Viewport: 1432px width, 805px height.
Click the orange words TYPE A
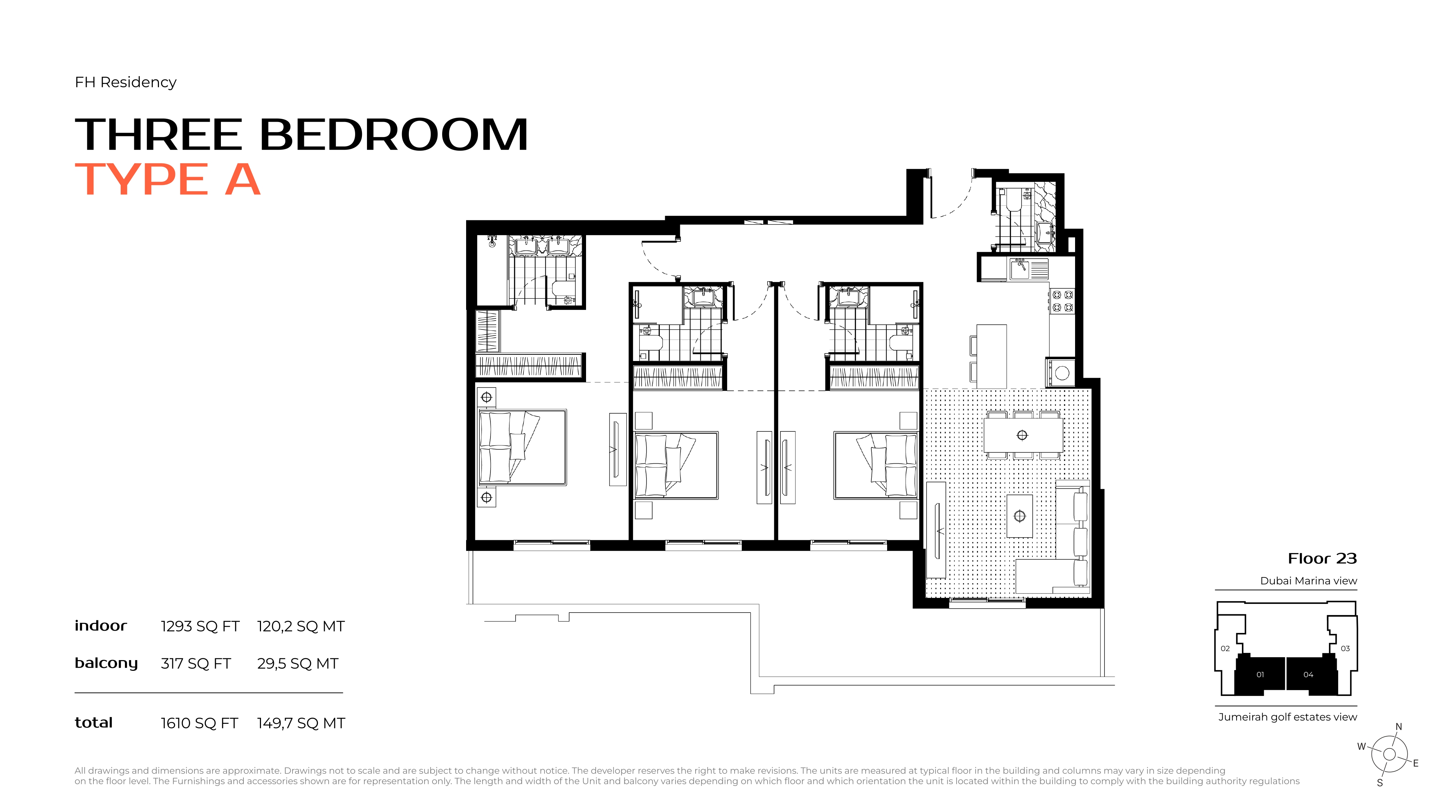[x=167, y=180]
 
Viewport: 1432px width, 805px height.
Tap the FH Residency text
[x=126, y=82]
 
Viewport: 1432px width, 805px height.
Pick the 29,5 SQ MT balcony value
[x=297, y=663]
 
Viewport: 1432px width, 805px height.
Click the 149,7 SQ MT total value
[x=301, y=723]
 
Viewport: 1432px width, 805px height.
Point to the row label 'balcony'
[x=106, y=663]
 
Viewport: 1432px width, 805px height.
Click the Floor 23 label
[x=1322, y=558]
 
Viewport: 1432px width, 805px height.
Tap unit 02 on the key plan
[x=1225, y=648]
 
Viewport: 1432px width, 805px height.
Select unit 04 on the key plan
[x=1308, y=674]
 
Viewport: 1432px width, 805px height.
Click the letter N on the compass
[x=1399, y=727]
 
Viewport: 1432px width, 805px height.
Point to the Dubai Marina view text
[x=1308, y=581]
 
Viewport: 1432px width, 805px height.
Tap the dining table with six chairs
[x=1023, y=435]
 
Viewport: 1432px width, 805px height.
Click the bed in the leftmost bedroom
[x=523, y=447]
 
